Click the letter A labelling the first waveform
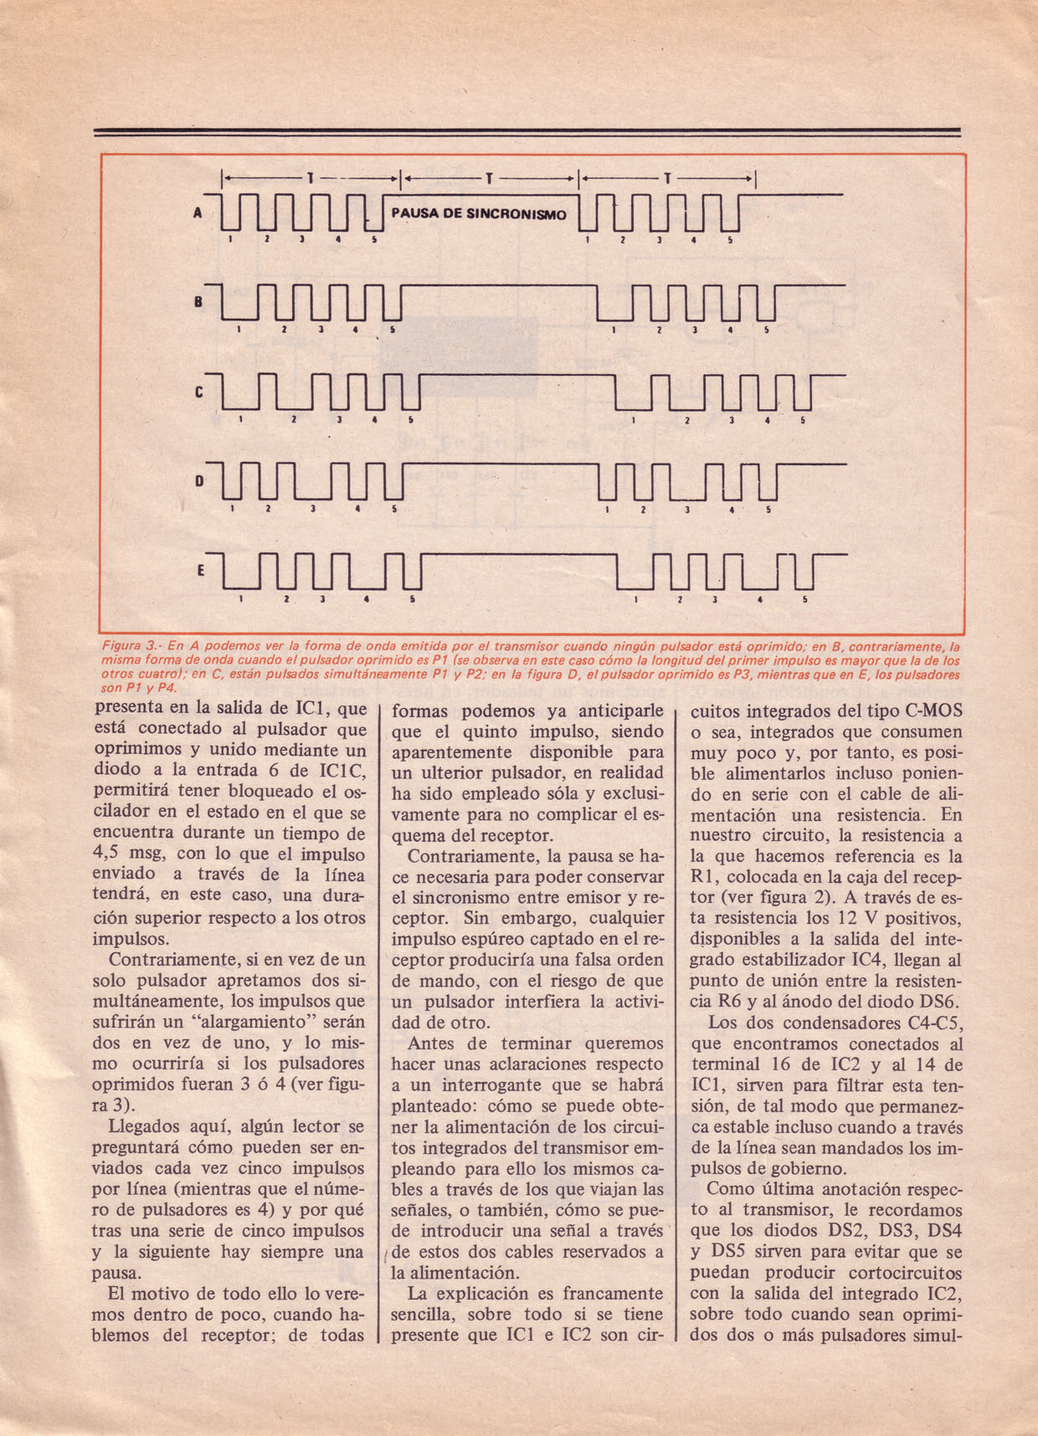click(198, 213)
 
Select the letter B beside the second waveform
click(198, 302)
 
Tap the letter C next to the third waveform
click(199, 392)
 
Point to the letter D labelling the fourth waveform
click(199, 481)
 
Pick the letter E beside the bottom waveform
click(201, 571)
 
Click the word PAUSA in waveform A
click(414, 213)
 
